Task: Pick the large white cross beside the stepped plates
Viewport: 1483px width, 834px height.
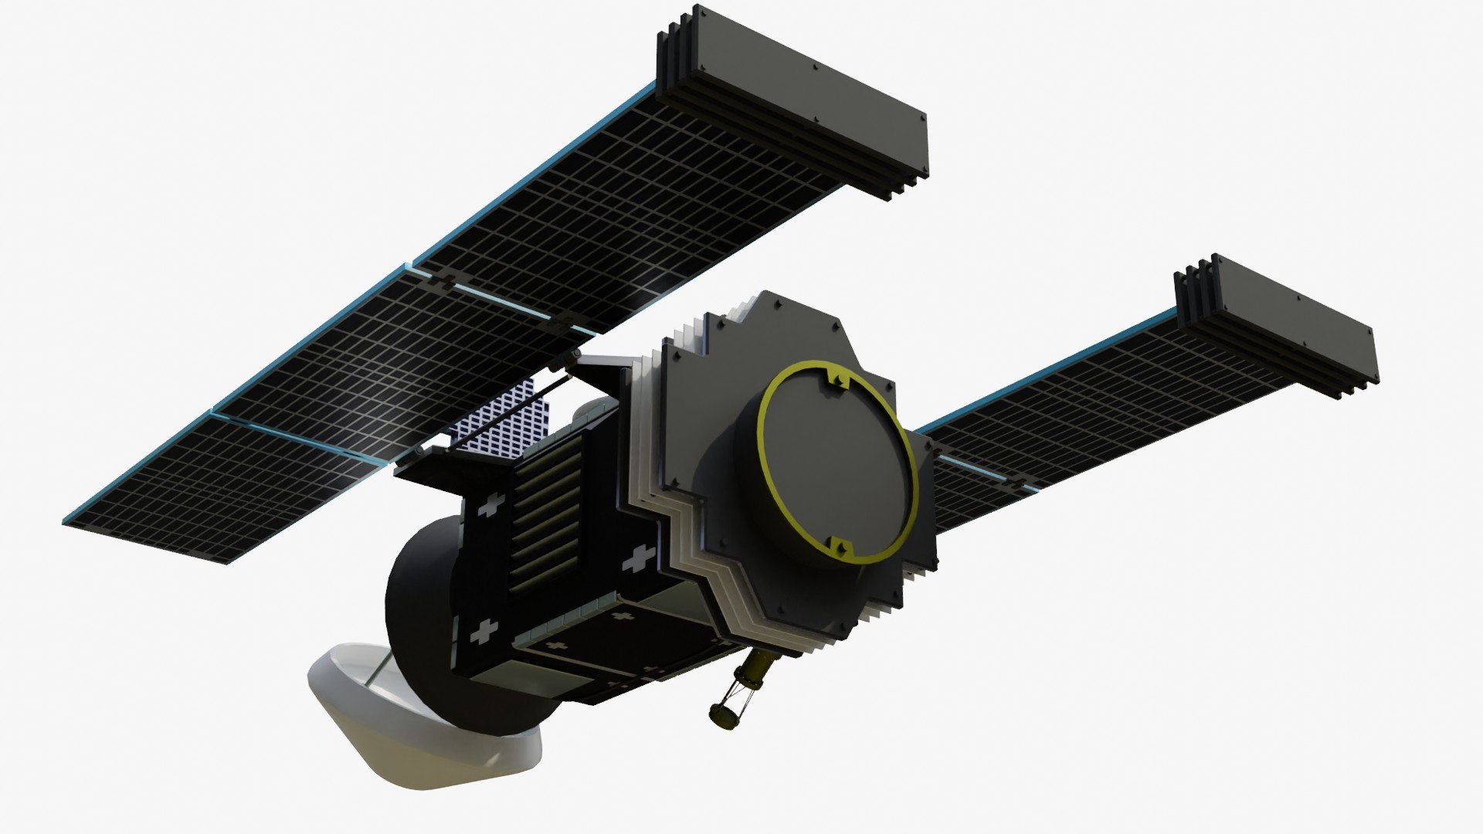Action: pyautogui.click(x=640, y=558)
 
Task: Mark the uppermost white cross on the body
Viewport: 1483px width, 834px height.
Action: pyautogui.click(x=491, y=507)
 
